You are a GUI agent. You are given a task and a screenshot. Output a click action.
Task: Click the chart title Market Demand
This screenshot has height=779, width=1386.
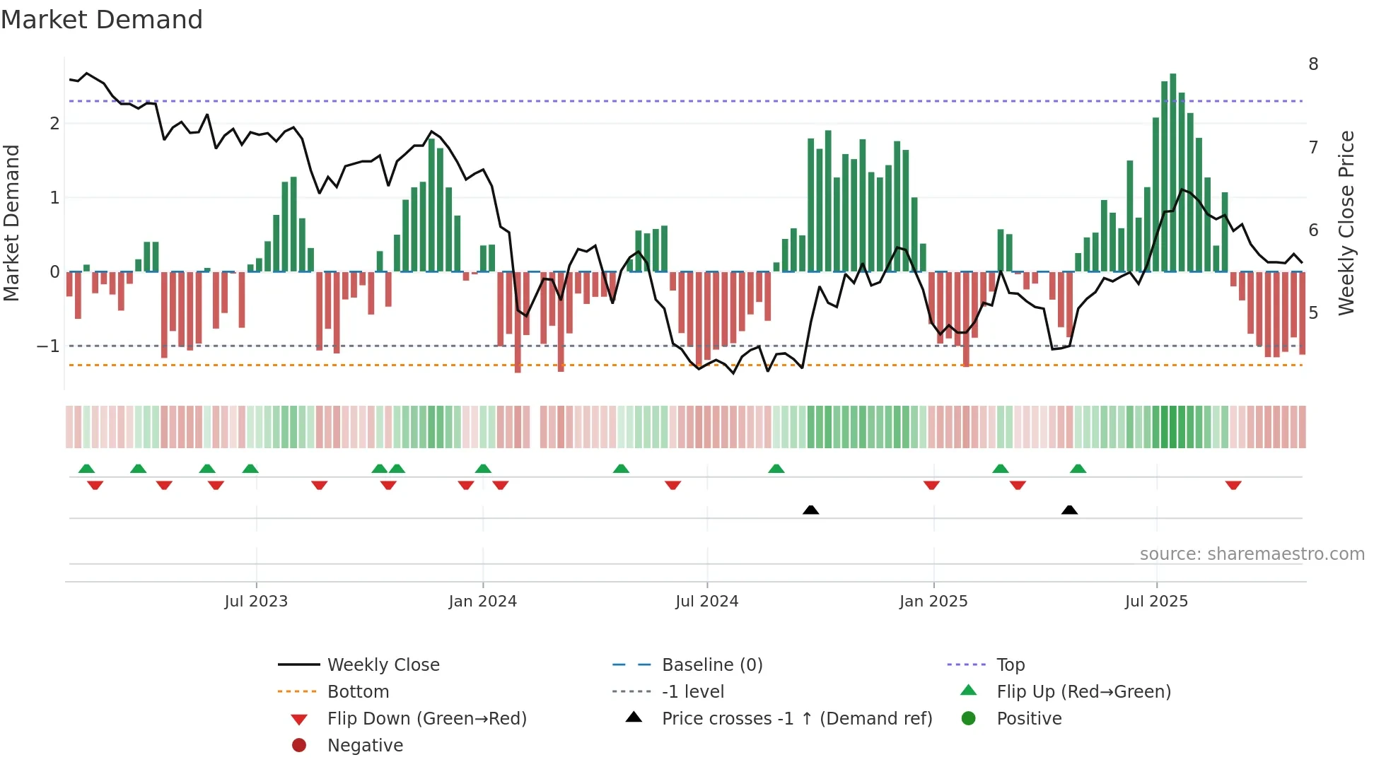(x=102, y=20)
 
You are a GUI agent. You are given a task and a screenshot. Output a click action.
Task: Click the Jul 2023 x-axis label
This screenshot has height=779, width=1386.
(x=256, y=602)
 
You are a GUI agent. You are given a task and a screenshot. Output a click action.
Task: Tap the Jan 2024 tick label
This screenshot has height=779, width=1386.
(x=483, y=602)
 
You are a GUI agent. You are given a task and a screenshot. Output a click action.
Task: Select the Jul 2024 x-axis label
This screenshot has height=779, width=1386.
(x=706, y=602)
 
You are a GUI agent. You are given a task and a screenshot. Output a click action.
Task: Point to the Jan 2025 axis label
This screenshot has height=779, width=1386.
(x=933, y=602)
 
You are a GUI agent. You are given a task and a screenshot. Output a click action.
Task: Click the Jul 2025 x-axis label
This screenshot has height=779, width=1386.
(x=1156, y=602)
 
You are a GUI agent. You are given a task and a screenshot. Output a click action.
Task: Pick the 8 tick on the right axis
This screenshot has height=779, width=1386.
(x=1313, y=64)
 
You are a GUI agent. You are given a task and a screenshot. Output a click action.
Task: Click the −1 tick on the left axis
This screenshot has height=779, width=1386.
(x=48, y=346)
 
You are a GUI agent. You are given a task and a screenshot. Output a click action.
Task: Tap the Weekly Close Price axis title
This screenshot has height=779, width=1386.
(x=1346, y=223)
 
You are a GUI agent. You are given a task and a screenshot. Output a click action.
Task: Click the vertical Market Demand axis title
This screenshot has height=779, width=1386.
(x=11, y=223)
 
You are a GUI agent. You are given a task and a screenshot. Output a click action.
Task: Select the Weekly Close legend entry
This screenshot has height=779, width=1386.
(x=383, y=665)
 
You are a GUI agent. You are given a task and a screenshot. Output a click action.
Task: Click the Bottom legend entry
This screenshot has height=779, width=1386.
(x=358, y=692)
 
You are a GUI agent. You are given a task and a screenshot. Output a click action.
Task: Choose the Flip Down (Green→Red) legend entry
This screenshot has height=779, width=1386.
(x=426, y=719)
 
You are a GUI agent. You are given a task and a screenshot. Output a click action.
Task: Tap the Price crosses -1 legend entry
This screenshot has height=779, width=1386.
(x=797, y=719)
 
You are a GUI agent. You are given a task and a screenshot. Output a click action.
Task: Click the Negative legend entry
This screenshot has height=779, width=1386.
(x=365, y=746)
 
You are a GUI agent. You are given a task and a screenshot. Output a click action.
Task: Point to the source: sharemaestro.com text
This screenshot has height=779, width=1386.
(x=1252, y=554)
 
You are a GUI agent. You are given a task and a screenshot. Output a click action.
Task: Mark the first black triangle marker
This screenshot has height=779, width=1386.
(x=811, y=510)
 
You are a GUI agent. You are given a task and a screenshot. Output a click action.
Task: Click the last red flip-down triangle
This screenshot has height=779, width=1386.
(x=1233, y=485)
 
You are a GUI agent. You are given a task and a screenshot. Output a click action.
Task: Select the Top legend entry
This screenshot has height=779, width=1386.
(x=1011, y=665)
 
